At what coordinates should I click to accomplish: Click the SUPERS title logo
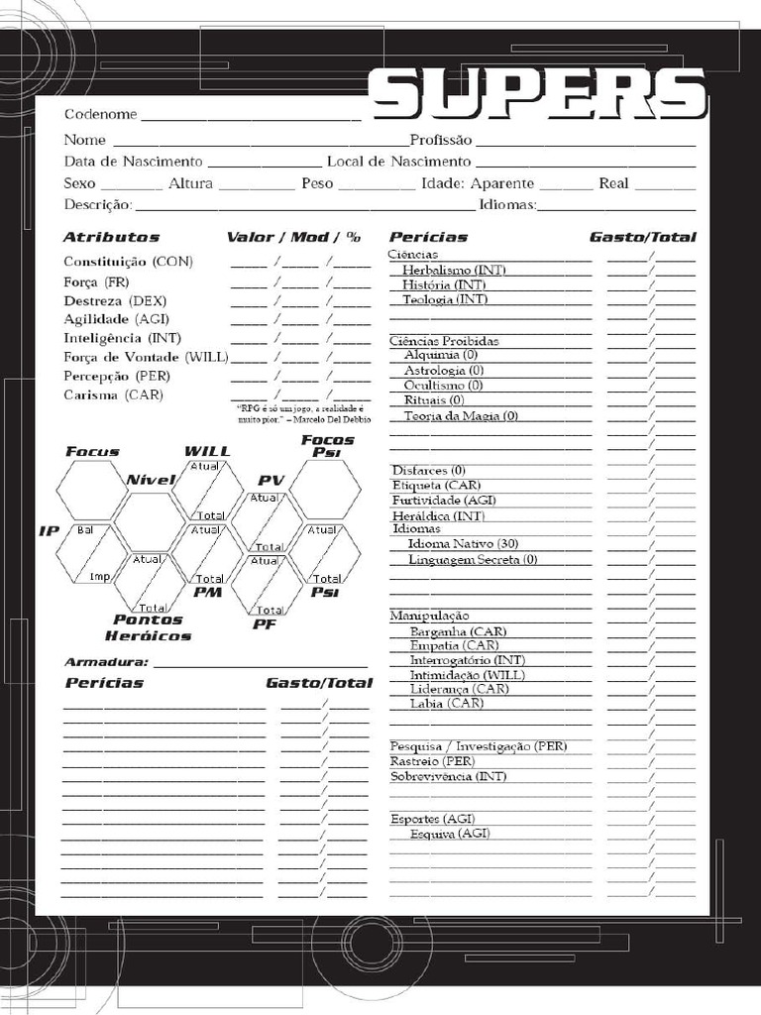point(538,94)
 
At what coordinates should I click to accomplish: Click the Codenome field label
point(101,114)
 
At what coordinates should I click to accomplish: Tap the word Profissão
point(441,140)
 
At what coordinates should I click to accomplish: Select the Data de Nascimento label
point(134,162)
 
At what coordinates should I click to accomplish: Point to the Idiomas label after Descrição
point(507,205)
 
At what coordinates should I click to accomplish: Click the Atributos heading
point(111,238)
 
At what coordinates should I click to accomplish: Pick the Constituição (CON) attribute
point(129,262)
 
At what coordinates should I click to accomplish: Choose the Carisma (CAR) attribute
point(114,395)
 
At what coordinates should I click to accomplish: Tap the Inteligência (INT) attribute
point(122,338)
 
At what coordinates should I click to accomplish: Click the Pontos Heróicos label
point(149,627)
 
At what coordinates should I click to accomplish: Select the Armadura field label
point(106,662)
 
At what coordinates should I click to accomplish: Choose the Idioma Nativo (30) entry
point(463,544)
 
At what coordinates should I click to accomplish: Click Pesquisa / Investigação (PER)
point(479,745)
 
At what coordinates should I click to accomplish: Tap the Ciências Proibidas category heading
point(443,341)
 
